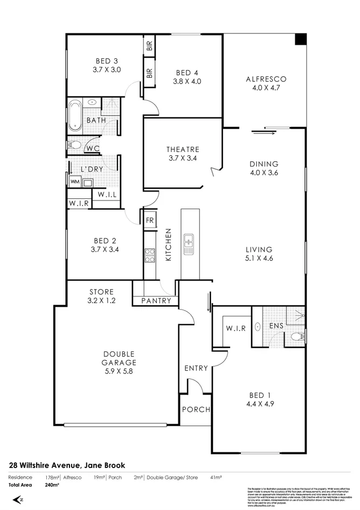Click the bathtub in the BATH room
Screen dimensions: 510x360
click(x=74, y=115)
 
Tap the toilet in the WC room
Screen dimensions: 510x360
click(x=73, y=145)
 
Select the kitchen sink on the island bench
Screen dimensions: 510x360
click(x=189, y=244)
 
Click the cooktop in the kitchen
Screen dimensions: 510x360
click(x=149, y=255)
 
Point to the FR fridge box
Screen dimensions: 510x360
click(x=149, y=220)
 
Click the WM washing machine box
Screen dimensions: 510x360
click(x=74, y=183)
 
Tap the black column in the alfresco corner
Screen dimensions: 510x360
click(x=300, y=40)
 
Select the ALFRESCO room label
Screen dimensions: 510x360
click(x=266, y=79)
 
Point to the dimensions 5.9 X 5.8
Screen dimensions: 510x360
click(x=119, y=372)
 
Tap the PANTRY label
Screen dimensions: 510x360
click(x=156, y=301)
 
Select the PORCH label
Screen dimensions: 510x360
click(x=195, y=409)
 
